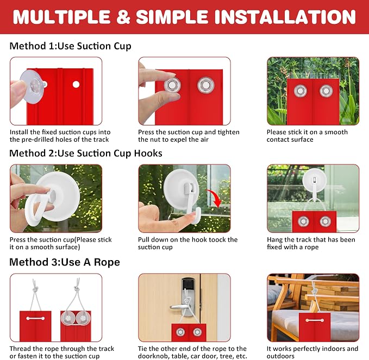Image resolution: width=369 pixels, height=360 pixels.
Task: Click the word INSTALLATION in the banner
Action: click(285, 17)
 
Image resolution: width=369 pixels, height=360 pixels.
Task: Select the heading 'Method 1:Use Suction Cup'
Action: click(70, 46)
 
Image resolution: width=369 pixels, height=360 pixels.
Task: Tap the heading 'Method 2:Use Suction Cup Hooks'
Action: click(86, 153)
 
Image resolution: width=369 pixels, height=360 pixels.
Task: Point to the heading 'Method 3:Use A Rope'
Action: click(65, 262)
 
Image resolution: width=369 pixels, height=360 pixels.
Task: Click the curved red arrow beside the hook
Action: click(215, 198)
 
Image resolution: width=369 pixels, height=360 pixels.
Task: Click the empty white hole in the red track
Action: click(76, 84)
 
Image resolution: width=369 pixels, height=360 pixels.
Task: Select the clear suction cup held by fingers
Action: click(33, 86)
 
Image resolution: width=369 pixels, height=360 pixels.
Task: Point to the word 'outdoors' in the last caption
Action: click(280, 356)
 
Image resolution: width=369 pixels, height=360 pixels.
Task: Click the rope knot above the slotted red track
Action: click(35, 288)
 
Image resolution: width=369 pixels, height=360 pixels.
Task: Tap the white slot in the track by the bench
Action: click(315, 320)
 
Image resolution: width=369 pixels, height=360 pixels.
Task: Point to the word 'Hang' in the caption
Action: click(274, 240)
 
